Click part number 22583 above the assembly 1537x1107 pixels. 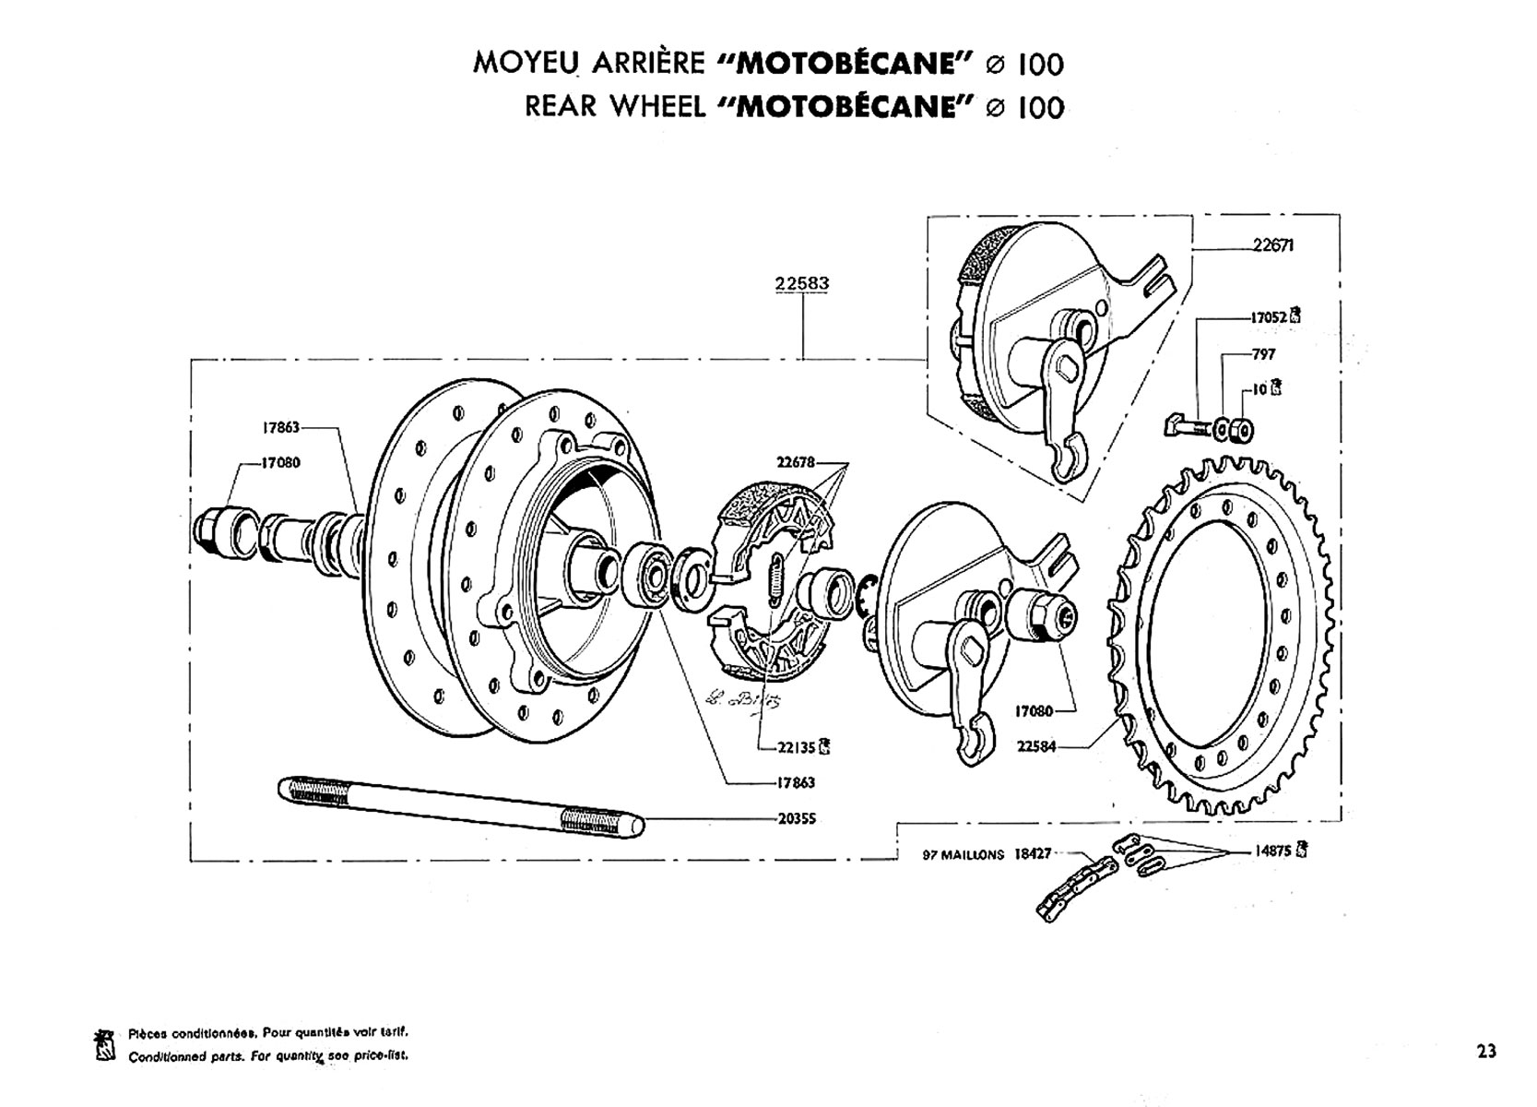tap(801, 284)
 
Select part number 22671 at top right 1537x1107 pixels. tap(1273, 245)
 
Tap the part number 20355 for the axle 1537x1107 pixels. tap(796, 819)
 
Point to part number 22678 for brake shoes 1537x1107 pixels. tap(796, 462)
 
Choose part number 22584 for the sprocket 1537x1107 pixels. tap(1036, 746)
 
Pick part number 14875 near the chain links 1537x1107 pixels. tap(1273, 851)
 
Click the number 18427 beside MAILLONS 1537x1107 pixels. tap(1033, 854)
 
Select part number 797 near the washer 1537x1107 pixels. tap(1263, 354)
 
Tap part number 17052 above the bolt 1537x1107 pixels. tap(1268, 316)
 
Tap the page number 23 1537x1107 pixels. tap(1485, 1051)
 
